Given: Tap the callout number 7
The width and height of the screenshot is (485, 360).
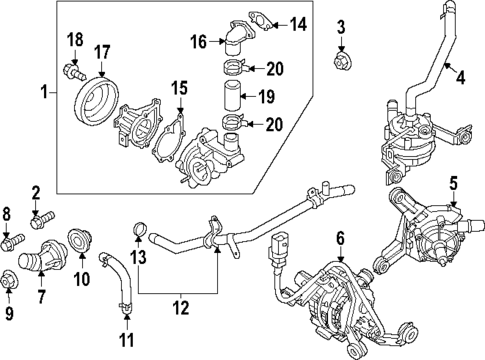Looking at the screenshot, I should point(42,297).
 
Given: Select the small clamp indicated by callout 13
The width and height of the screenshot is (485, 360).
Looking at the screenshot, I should point(138,237).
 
